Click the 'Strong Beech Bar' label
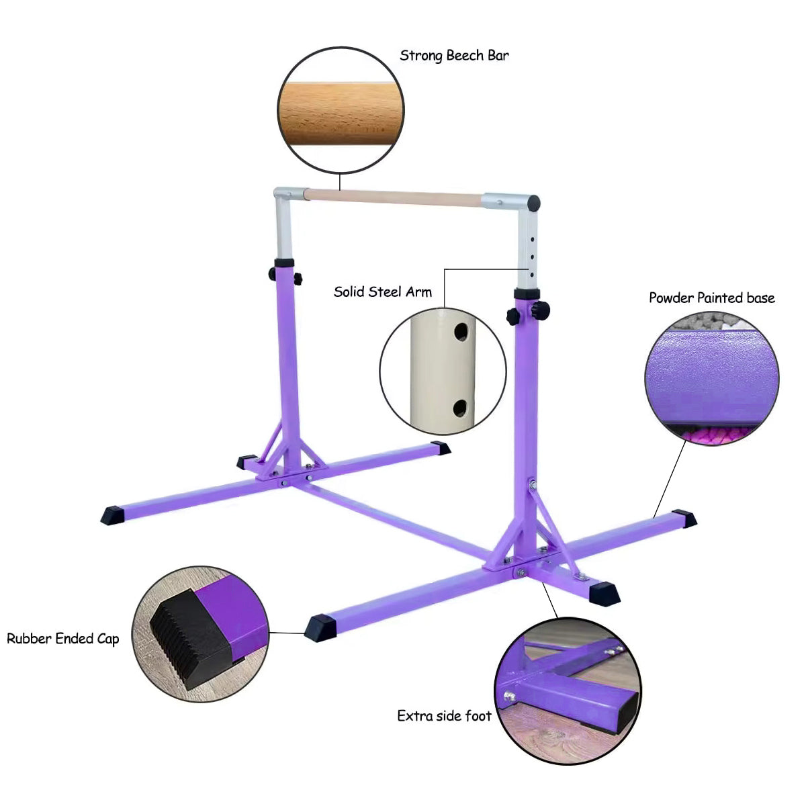(454, 55)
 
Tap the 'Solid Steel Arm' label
(383, 292)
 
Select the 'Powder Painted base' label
(711, 298)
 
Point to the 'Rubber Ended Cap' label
(63, 638)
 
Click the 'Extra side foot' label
(444, 716)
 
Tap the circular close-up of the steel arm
(443, 368)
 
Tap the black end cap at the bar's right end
(535, 201)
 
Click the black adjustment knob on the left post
(273, 274)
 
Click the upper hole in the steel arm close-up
(461, 331)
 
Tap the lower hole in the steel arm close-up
(461, 406)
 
